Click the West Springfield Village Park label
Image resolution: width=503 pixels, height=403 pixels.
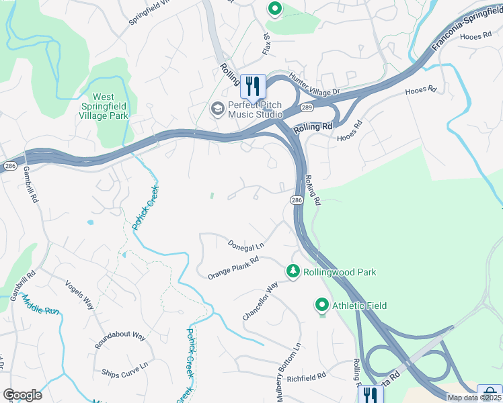click(x=110, y=106)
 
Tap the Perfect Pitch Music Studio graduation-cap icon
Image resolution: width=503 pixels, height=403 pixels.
click(x=217, y=108)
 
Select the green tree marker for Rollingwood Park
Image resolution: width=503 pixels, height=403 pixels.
click(x=293, y=271)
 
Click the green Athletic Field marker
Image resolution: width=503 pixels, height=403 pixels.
click(x=322, y=306)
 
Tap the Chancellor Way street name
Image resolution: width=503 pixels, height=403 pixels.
click(x=260, y=302)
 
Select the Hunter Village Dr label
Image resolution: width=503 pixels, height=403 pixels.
click(x=315, y=84)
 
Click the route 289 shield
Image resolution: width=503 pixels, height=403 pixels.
click(x=307, y=107)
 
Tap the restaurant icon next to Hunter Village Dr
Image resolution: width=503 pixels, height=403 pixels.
click(x=253, y=85)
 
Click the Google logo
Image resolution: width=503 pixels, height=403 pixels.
click(x=22, y=395)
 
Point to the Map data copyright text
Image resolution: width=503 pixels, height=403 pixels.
click(x=474, y=398)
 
